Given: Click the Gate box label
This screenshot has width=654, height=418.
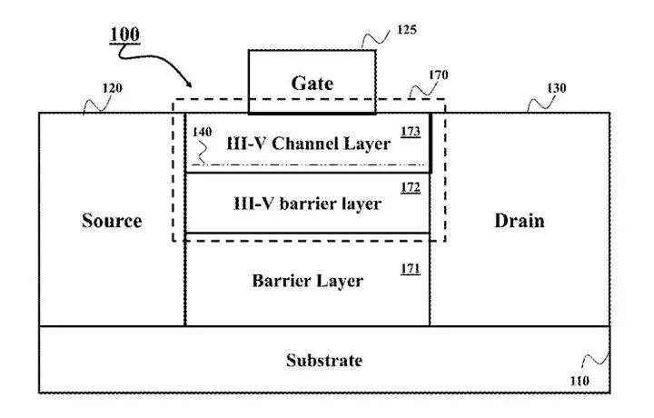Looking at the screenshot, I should (x=312, y=83).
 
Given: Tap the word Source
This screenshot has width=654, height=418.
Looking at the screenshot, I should (x=112, y=221).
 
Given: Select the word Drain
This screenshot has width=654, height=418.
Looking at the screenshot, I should (x=519, y=221).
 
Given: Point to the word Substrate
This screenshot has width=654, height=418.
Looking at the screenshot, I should (x=324, y=360).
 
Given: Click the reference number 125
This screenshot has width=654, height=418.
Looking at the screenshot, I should (x=407, y=30).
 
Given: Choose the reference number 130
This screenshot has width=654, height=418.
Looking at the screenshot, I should (x=556, y=88).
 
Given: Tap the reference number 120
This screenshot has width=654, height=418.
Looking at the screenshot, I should (x=114, y=88).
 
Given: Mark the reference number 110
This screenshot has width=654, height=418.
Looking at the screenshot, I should (x=580, y=380).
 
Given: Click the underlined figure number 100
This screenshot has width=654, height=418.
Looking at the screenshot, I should (x=124, y=36).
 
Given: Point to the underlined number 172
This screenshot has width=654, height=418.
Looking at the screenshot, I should (x=410, y=188).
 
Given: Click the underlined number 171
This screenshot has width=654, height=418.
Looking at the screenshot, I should (x=410, y=270).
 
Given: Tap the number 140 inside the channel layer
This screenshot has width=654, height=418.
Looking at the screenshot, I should (x=202, y=133).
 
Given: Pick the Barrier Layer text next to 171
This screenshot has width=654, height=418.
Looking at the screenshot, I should (x=307, y=281).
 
